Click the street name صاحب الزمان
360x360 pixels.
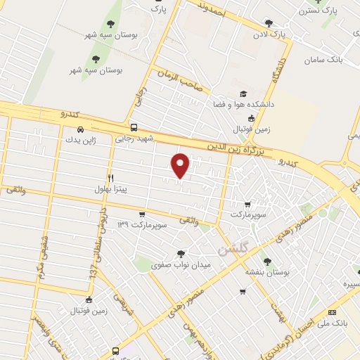point(180,80)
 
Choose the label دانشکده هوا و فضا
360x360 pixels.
point(243,104)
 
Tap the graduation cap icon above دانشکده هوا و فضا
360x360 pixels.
point(243,94)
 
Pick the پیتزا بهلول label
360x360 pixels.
point(110,188)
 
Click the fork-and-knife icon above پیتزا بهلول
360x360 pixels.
point(110,178)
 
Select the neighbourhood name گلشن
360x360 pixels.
point(233,248)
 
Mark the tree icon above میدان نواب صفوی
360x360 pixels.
point(181,254)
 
